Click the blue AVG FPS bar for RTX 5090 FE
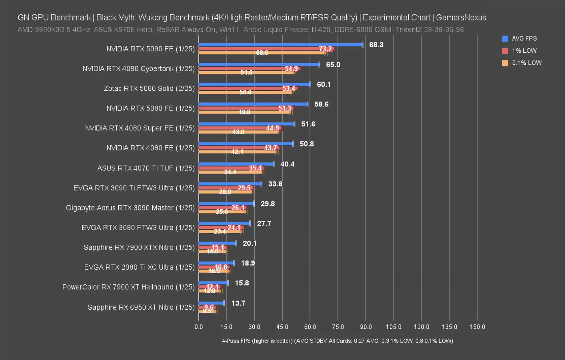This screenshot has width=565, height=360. pos(280,45)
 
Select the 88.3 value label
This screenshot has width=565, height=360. pos(376,45)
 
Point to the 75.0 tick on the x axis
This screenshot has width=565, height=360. pos(338,327)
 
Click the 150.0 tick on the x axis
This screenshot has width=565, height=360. pos(477,327)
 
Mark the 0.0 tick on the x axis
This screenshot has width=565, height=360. pos(199,327)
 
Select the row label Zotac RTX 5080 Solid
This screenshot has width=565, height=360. pos(149,88)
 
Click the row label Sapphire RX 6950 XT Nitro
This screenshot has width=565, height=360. pos(141,307)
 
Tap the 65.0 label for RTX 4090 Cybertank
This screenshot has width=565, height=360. pos(333,65)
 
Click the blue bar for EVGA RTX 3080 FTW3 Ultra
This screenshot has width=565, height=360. pos(224,223)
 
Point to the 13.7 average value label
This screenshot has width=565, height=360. pos(238,303)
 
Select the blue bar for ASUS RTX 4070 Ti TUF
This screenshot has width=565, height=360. pos(236,164)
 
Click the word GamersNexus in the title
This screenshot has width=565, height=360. pos(461,18)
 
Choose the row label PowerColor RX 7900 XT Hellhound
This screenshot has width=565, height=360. pos(128,287)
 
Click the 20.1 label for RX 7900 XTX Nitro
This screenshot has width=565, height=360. pos(250,243)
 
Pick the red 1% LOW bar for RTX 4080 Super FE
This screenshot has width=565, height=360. pos(240,128)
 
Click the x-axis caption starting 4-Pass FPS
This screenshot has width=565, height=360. pos(337,341)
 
